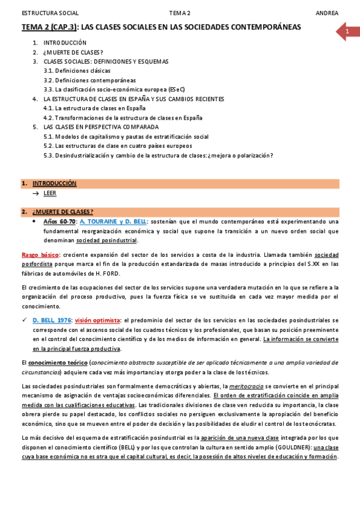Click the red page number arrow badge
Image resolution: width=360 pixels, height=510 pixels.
click(347, 31)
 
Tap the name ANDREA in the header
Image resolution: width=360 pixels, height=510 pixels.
click(326, 13)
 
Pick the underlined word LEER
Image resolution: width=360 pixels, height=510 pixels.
click(50, 193)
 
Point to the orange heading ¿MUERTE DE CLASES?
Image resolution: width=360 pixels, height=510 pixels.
click(63, 212)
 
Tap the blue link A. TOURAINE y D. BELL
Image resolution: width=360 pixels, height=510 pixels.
click(114, 221)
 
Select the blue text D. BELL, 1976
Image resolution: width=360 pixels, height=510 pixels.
click(52, 321)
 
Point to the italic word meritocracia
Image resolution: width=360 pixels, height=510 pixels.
click(246, 386)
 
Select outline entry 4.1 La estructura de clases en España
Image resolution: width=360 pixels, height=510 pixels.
click(95, 108)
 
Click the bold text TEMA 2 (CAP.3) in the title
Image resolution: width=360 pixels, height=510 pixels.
click(49, 28)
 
